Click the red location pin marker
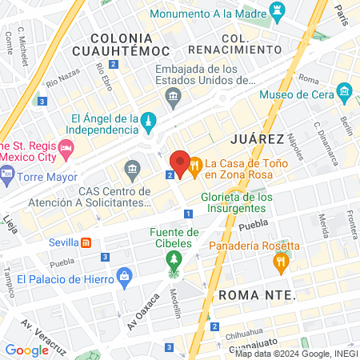click(180, 164)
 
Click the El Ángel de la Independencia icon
click(147, 120)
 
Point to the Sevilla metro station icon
click(86, 242)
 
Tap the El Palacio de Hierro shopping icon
click(124, 278)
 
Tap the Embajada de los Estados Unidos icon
click(173, 98)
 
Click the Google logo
click(26, 350)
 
